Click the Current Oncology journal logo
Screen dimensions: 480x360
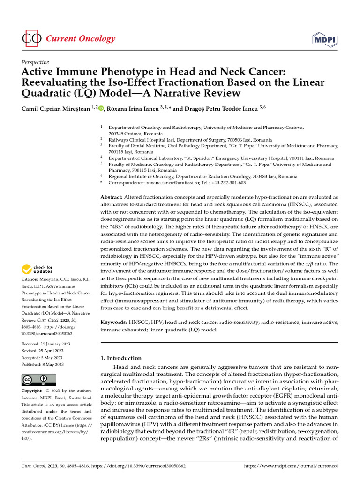68,39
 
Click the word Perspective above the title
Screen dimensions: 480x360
35,62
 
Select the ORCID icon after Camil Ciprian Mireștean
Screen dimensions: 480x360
101,108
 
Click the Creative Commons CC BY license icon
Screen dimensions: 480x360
39,380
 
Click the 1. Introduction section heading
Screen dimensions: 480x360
121,358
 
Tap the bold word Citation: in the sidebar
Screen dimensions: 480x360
31,280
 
